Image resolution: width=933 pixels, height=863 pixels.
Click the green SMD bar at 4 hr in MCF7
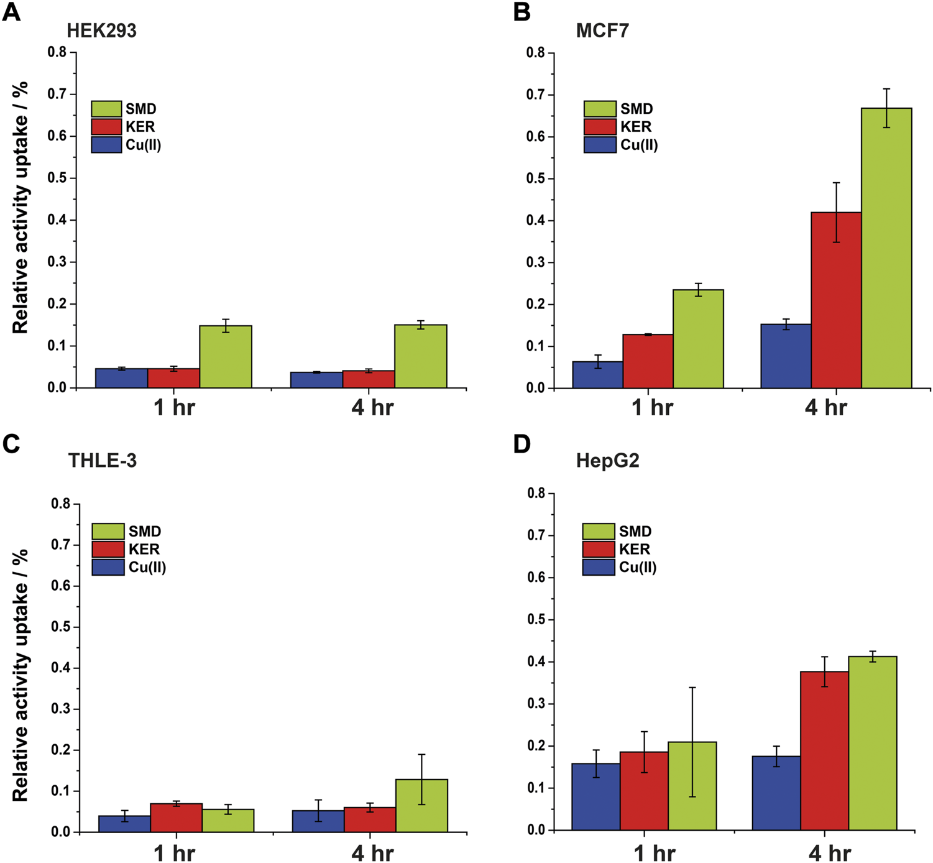pos(886,249)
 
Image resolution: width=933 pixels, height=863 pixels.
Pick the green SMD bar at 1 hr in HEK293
pos(226,357)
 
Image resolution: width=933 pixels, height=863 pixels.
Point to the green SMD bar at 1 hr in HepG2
pos(692,786)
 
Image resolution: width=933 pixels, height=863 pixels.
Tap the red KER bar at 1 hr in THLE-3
pos(176,818)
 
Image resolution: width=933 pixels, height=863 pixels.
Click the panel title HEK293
pos(102,30)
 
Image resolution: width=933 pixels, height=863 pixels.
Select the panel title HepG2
pos(607,461)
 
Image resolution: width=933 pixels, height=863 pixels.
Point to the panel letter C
pos(11,444)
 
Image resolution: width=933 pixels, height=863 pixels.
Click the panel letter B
pos(522,12)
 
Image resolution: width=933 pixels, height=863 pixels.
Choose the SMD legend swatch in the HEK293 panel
pos(106,109)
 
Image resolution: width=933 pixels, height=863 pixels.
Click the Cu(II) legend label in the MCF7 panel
pos(639,145)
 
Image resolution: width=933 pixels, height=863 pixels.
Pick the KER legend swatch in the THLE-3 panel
pos(108,549)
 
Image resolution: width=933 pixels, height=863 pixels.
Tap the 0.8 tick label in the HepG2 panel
pos(536,493)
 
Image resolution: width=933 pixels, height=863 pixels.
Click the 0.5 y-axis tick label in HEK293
pos(57,178)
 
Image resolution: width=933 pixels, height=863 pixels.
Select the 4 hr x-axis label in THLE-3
pos(372,852)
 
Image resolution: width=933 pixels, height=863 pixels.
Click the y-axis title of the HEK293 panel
pos(20,208)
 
